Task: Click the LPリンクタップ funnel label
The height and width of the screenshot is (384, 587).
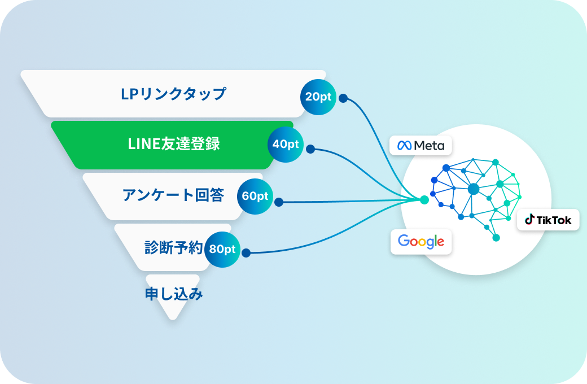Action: click(x=173, y=94)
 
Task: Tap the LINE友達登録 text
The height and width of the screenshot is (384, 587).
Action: click(x=173, y=144)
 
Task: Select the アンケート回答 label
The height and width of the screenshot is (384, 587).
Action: click(x=173, y=195)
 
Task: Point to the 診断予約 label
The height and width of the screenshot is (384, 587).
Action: click(x=173, y=248)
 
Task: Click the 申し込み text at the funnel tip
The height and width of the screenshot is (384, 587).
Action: click(x=173, y=294)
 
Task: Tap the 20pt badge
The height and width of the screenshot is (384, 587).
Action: click(x=318, y=97)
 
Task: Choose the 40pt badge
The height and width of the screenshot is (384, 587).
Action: click(x=285, y=144)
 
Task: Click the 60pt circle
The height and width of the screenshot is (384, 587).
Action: click(x=255, y=197)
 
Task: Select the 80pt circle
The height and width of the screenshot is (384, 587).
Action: click(x=222, y=249)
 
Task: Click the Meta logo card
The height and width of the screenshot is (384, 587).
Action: click(x=420, y=145)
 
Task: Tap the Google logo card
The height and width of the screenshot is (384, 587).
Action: click(x=421, y=242)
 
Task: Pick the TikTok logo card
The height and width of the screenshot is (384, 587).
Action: click(x=548, y=220)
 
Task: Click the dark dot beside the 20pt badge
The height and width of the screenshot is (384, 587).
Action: click(x=343, y=98)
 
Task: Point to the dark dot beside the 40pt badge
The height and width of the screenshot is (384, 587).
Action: click(x=310, y=150)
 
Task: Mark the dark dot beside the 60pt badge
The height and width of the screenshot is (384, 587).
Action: click(x=279, y=201)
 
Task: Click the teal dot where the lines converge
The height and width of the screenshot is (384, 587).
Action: click(x=424, y=200)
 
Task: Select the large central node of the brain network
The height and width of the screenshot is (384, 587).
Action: click(x=473, y=189)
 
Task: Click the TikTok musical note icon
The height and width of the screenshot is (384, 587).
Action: click(x=529, y=220)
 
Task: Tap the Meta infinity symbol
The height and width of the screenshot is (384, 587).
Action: click(x=404, y=146)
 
